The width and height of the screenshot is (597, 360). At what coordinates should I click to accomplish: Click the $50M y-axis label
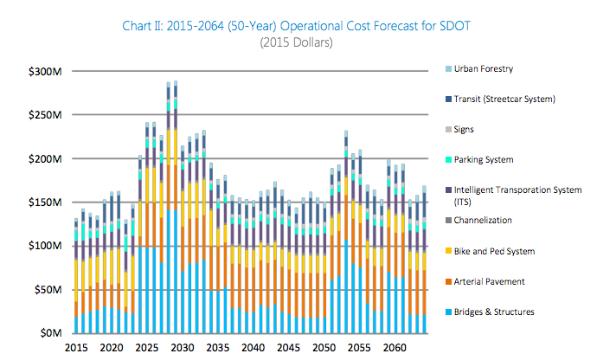tap(48, 290)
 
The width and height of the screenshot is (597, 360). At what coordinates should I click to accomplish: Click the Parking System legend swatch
tap(447, 159)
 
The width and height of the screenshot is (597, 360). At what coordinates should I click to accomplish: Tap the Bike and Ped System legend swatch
tap(447, 251)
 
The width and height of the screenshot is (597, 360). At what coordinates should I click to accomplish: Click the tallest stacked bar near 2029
tap(176, 208)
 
